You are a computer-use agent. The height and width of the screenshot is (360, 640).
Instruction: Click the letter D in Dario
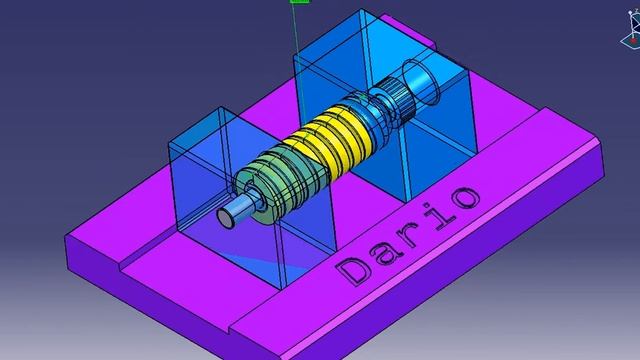(x=352, y=270)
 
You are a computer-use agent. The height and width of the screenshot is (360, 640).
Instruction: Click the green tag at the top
(x=298, y=2)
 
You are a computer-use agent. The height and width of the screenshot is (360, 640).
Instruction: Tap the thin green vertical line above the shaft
(x=296, y=40)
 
